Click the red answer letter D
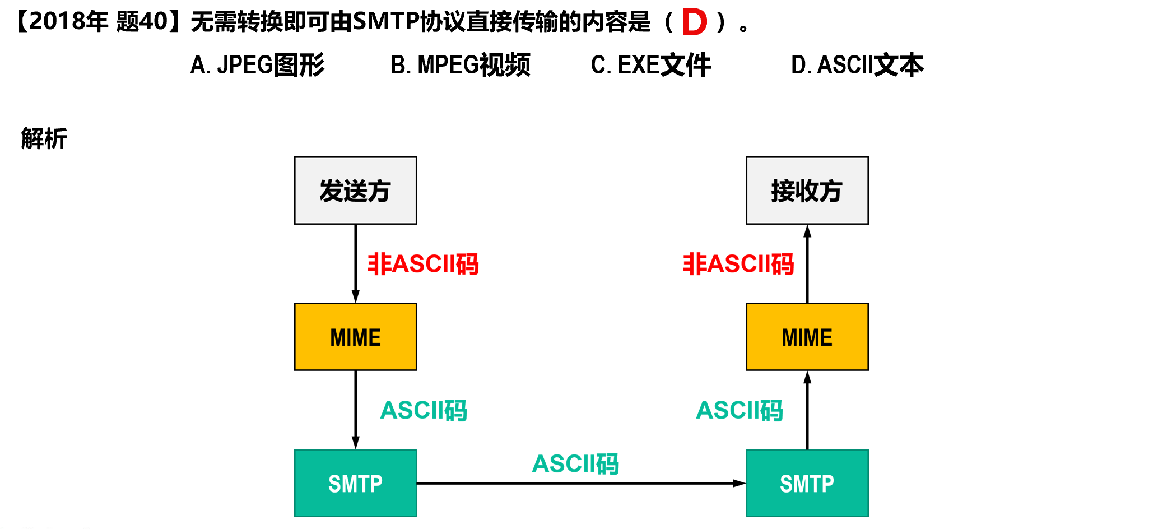pyautogui.click(x=695, y=22)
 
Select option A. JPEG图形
pyautogui.click(x=257, y=65)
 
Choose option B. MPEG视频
pyautogui.click(x=460, y=65)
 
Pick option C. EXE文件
pyautogui.click(x=650, y=65)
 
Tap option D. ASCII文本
pyautogui.click(x=857, y=65)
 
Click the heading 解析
pyautogui.click(x=44, y=138)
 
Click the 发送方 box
pyautogui.click(x=355, y=191)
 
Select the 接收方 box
pyautogui.click(x=807, y=191)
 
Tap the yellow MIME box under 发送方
pyautogui.click(x=355, y=337)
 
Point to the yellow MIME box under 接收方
pyautogui.click(x=807, y=337)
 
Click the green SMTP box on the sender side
pyautogui.click(x=355, y=483)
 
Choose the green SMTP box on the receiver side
pyautogui.click(x=807, y=483)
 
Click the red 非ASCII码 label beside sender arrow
pyautogui.click(x=423, y=264)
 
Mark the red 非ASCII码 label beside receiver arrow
pyautogui.click(x=738, y=264)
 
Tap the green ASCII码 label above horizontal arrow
pyautogui.click(x=575, y=464)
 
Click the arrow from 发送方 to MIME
pyautogui.click(x=355, y=263)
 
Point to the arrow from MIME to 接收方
pyautogui.click(x=807, y=263)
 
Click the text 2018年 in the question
pyautogui.click(x=68, y=22)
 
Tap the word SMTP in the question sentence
pyautogui.click(x=387, y=22)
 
